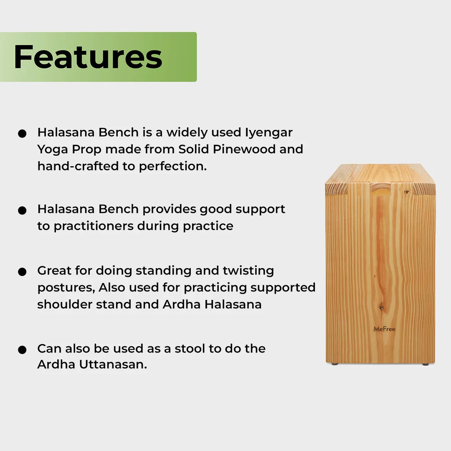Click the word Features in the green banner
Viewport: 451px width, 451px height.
[88, 57]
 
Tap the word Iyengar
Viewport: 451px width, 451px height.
[268, 133]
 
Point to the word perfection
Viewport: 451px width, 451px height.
[173, 167]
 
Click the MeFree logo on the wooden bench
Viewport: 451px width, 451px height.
[384, 329]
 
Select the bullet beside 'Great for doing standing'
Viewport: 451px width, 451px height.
[22, 272]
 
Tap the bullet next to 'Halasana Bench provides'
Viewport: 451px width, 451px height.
[22, 210]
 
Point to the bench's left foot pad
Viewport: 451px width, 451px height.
[335, 364]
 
